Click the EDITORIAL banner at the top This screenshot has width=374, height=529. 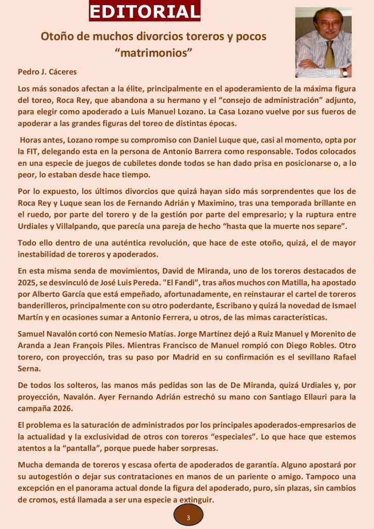pos(145,11)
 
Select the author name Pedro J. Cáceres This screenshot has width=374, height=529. pos(47,72)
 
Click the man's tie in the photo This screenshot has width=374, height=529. pos(329,55)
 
